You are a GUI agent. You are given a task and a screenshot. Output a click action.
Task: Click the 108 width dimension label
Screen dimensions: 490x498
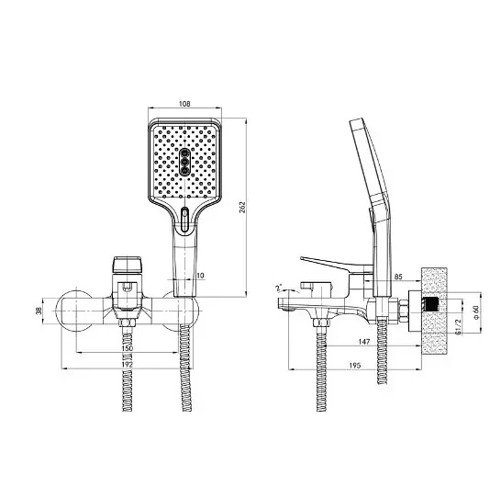click(184, 104)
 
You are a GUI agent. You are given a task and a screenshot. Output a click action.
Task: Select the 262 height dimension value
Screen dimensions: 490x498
click(242, 207)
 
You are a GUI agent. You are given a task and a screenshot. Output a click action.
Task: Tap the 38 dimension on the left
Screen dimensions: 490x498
click(39, 311)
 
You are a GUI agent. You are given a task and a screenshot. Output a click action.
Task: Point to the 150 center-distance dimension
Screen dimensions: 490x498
click(128, 348)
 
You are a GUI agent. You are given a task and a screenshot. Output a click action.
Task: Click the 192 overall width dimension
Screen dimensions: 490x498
click(128, 364)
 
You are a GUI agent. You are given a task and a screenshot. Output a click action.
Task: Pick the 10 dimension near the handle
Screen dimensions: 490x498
click(200, 276)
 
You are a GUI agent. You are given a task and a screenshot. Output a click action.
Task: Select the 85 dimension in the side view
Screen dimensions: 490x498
click(398, 277)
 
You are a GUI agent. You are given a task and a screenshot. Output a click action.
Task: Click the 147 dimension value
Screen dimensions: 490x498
click(364, 342)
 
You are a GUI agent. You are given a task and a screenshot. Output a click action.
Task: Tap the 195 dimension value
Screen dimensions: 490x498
click(355, 366)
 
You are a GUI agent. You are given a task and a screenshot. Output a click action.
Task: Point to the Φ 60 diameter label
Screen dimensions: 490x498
click(475, 312)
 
